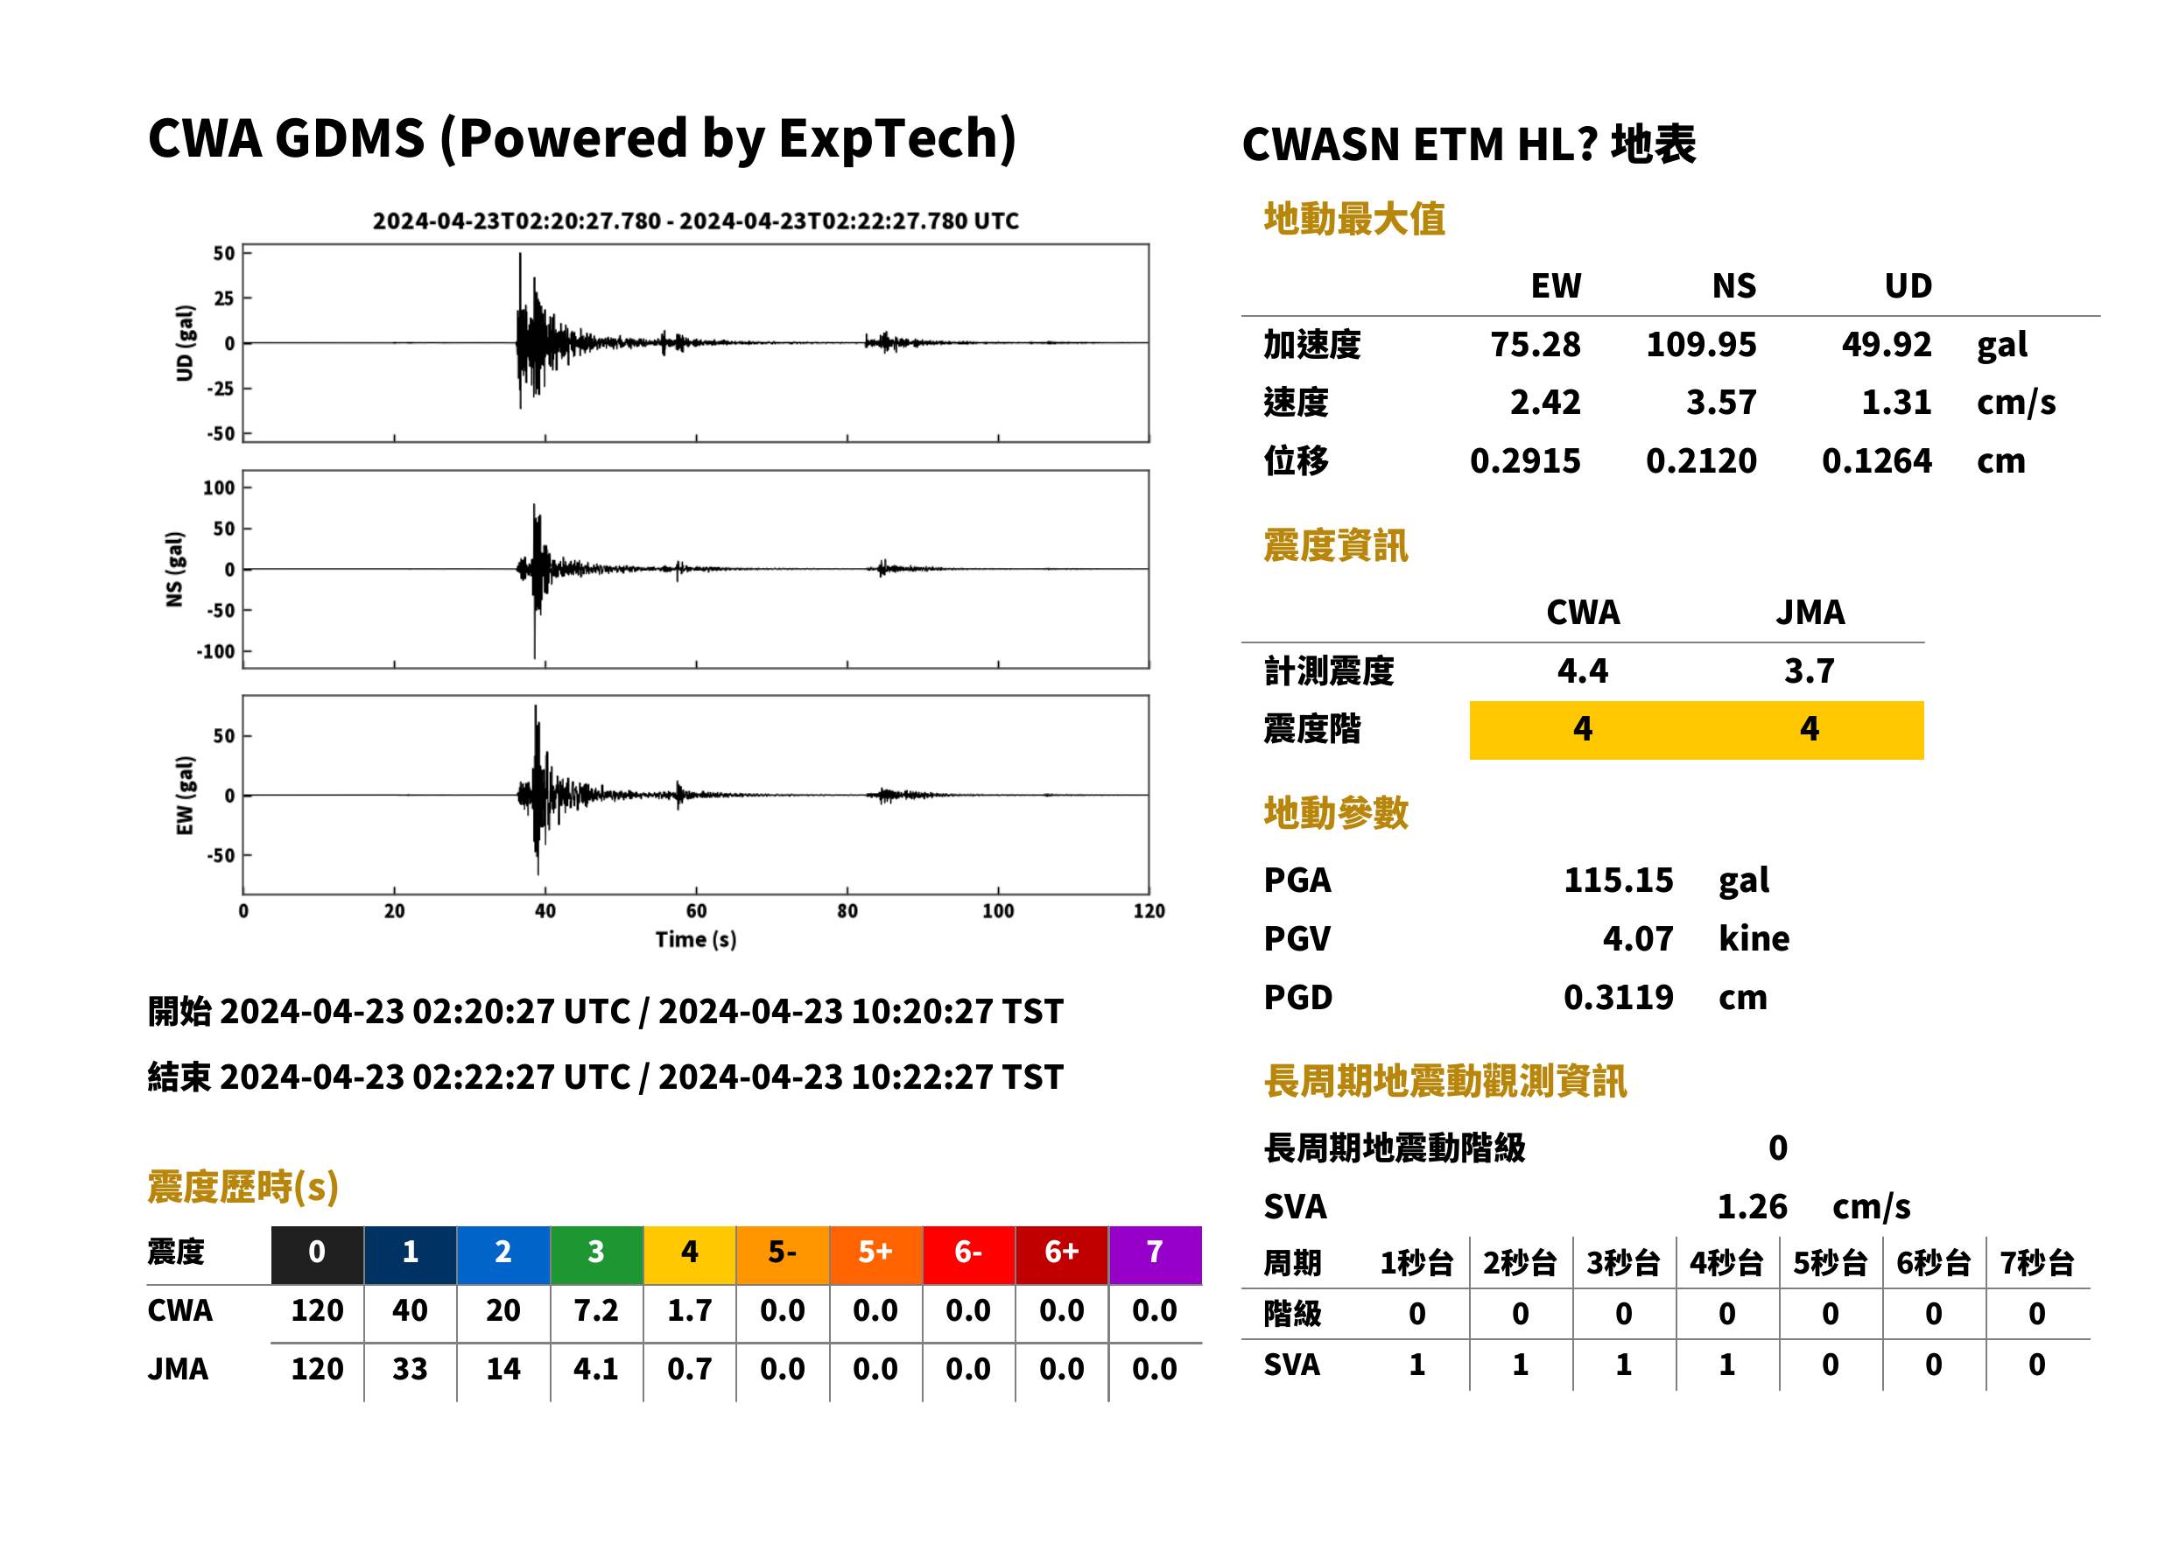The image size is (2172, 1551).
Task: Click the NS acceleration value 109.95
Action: (1700, 344)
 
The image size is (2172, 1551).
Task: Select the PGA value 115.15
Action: (1618, 880)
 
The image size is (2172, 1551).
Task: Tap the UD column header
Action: (1908, 285)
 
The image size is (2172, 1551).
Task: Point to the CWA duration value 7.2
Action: (596, 1310)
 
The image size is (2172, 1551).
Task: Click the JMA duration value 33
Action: (410, 1369)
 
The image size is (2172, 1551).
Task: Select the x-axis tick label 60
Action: (696, 911)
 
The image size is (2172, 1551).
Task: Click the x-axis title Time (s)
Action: (695, 940)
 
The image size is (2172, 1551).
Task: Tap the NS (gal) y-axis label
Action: (174, 569)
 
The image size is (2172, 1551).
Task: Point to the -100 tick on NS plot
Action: (216, 651)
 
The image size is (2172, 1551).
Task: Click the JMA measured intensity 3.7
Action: (1809, 670)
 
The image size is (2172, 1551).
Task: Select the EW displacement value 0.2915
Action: (1524, 461)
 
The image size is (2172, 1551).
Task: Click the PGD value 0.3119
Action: (1618, 997)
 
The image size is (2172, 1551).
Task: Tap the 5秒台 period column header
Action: (1830, 1262)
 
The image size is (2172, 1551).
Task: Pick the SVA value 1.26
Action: (1752, 1206)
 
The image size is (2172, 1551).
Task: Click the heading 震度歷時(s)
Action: (243, 1187)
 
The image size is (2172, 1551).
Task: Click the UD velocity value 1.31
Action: (1896, 402)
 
